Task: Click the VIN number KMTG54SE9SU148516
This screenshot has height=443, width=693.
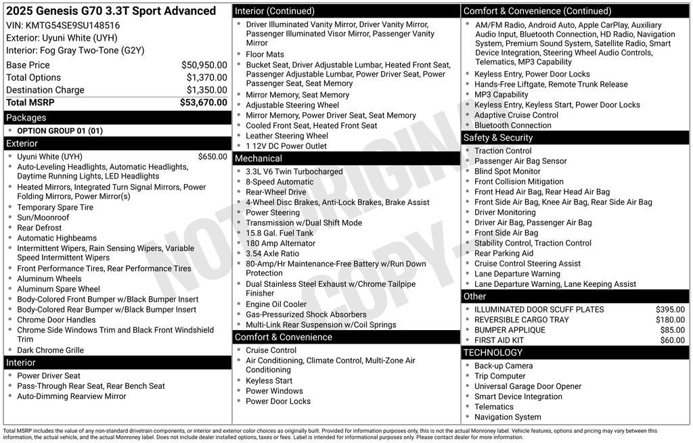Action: point(72,25)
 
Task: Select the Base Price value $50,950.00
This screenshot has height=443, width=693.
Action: point(204,65)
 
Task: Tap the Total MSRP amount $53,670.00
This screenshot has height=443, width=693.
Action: point(203,103)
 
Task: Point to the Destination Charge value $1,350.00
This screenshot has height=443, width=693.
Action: point(206,90)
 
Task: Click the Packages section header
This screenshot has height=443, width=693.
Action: point(26,118)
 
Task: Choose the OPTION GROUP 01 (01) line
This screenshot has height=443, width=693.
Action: point(60,131)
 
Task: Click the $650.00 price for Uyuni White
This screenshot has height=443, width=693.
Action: point(213,157)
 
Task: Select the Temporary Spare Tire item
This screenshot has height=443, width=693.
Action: point(55,208)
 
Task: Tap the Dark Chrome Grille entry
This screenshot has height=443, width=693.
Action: point(50,350)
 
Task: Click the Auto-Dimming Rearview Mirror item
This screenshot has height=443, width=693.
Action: point(71,396)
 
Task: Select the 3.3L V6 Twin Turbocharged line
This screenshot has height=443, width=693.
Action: point(294,172)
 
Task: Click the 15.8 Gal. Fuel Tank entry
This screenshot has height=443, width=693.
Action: point(280,233)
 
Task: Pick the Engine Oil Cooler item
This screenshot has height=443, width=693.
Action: point(276,304)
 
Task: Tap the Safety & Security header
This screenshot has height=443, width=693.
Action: point(497,137)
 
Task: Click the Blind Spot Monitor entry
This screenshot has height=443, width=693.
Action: point(507,171)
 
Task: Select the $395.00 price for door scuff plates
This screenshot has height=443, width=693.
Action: point(670,310)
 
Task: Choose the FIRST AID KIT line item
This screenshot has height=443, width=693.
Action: point(499,340)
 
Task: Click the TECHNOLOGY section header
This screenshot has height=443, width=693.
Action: point(493,352)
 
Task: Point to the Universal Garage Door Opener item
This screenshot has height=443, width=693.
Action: point(527,386)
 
